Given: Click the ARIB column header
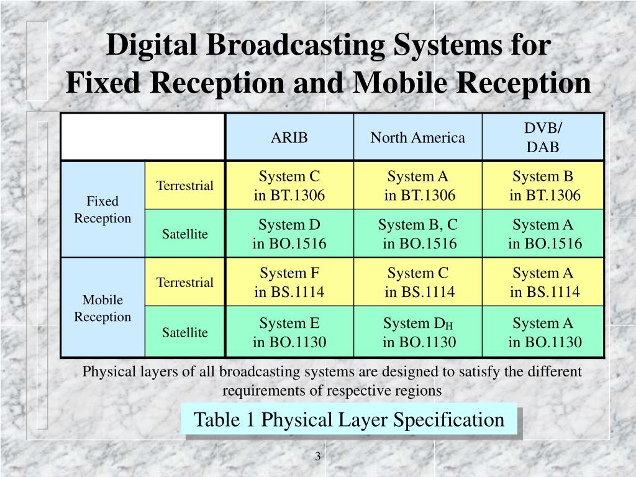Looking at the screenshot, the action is coord(289,137).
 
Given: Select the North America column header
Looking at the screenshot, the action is coord(417,137).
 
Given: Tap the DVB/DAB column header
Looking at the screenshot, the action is coord(543,137).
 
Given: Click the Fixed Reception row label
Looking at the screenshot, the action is coord(102,210).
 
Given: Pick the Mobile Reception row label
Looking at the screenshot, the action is coord(102,308).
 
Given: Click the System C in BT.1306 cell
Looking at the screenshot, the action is coord(289,186).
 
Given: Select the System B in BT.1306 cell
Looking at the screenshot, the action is coord(545,186).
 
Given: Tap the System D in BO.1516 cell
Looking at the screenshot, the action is coord(289,234).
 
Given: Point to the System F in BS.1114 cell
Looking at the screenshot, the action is coord(289,282).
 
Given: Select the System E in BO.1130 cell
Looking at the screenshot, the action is coord(289,332).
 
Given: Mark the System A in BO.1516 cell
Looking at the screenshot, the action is coord(545,234).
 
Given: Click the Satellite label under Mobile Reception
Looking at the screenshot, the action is coord(185,332).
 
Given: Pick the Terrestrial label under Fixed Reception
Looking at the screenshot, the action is coord(185,186).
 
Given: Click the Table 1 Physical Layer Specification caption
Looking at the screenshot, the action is coord(349,420).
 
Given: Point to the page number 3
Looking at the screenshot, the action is coord(317,457).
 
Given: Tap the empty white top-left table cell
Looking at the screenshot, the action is coord(142,137).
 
